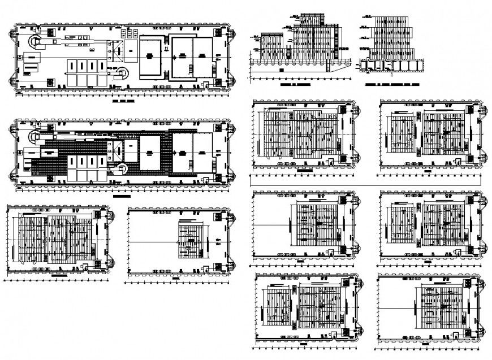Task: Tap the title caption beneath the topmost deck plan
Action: pyautogui.click(x=123, y=105)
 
